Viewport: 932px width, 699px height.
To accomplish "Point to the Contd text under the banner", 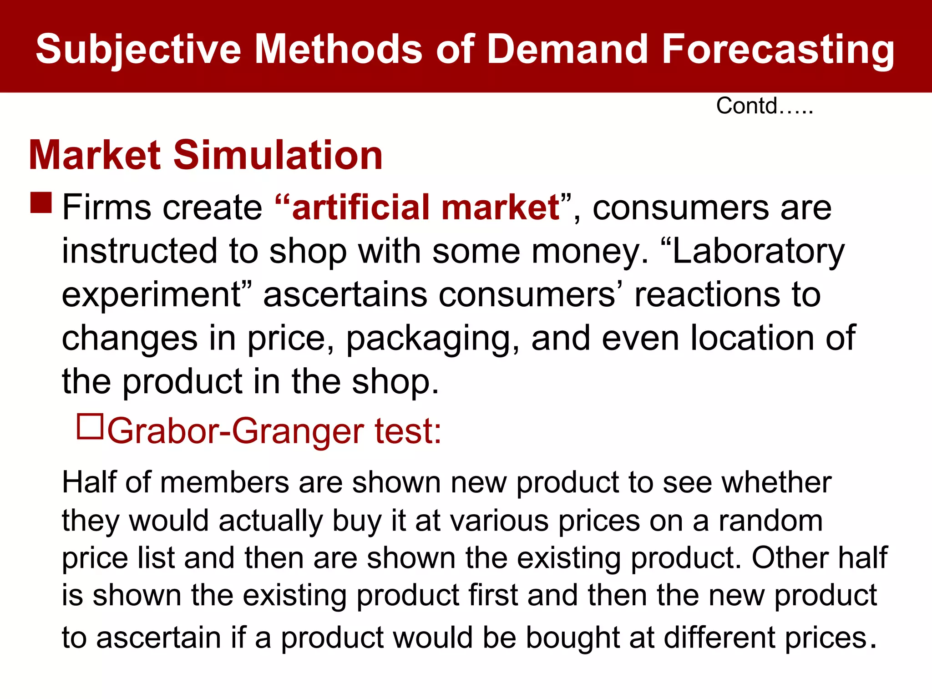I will tap(765, 106).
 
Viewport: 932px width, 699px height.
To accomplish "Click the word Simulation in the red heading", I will tap(278, 155).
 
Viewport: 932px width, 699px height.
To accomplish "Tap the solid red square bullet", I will tap(41, 203).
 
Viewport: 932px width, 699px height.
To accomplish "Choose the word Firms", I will tap(106, 208).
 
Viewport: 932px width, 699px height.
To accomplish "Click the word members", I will tap(224, 482).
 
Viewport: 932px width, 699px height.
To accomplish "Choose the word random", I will tap(770, 521).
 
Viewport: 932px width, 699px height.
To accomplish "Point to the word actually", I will tap(270, 522).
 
